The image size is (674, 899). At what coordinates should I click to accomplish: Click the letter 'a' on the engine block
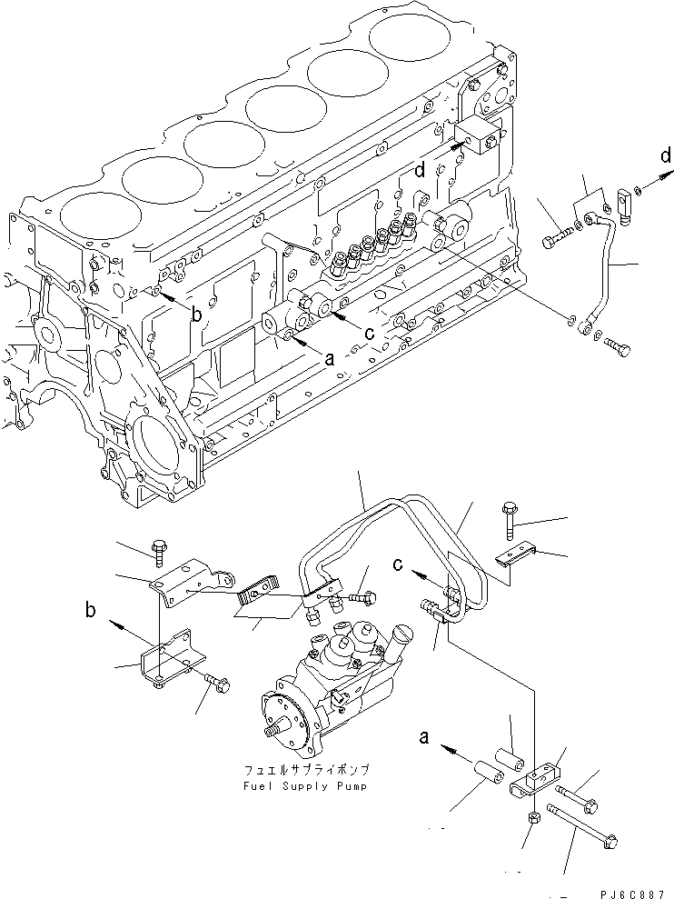coord(330,358)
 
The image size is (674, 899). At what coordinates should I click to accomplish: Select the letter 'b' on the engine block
coord(194,315)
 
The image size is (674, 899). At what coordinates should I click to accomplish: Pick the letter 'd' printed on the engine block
coord(421,169)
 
